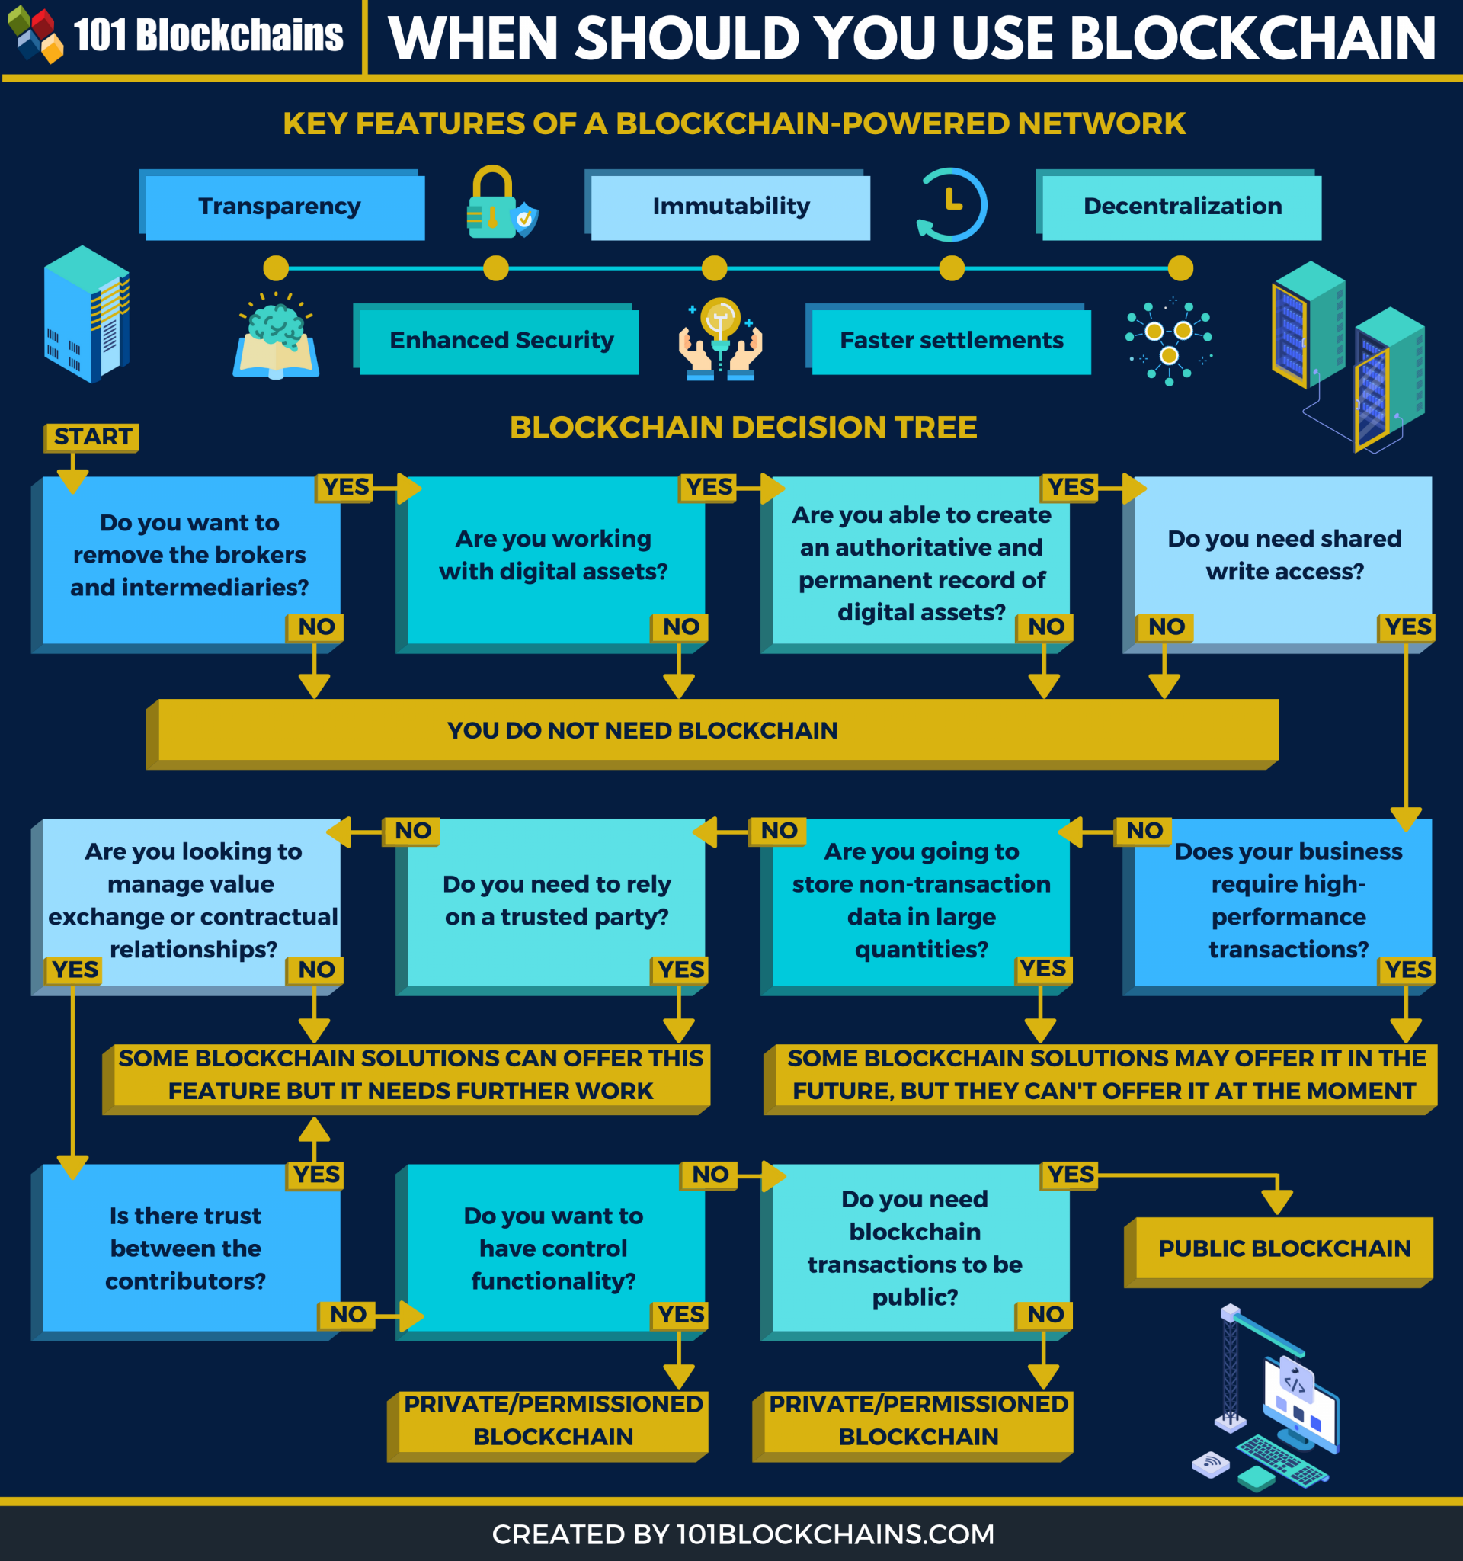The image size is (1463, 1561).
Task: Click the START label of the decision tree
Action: point(92,437)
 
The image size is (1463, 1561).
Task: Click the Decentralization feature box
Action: point(1181,206)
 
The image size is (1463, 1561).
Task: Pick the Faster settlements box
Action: point(950,340)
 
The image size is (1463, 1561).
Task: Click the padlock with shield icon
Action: point(500,204)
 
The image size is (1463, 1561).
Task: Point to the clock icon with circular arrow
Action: point(951,205)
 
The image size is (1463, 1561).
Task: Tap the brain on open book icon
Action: point(276,338)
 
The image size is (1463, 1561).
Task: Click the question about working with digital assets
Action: point(553,554)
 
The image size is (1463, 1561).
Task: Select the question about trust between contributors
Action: point(187,1248)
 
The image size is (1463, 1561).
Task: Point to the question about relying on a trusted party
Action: point(555,900)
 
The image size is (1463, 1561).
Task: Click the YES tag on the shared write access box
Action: point(1407,627)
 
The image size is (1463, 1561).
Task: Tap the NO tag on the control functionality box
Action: point(709,1175)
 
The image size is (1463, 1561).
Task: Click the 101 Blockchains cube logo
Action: point(34,34)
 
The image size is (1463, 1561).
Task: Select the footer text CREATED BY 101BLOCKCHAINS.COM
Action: point(742,1534)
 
